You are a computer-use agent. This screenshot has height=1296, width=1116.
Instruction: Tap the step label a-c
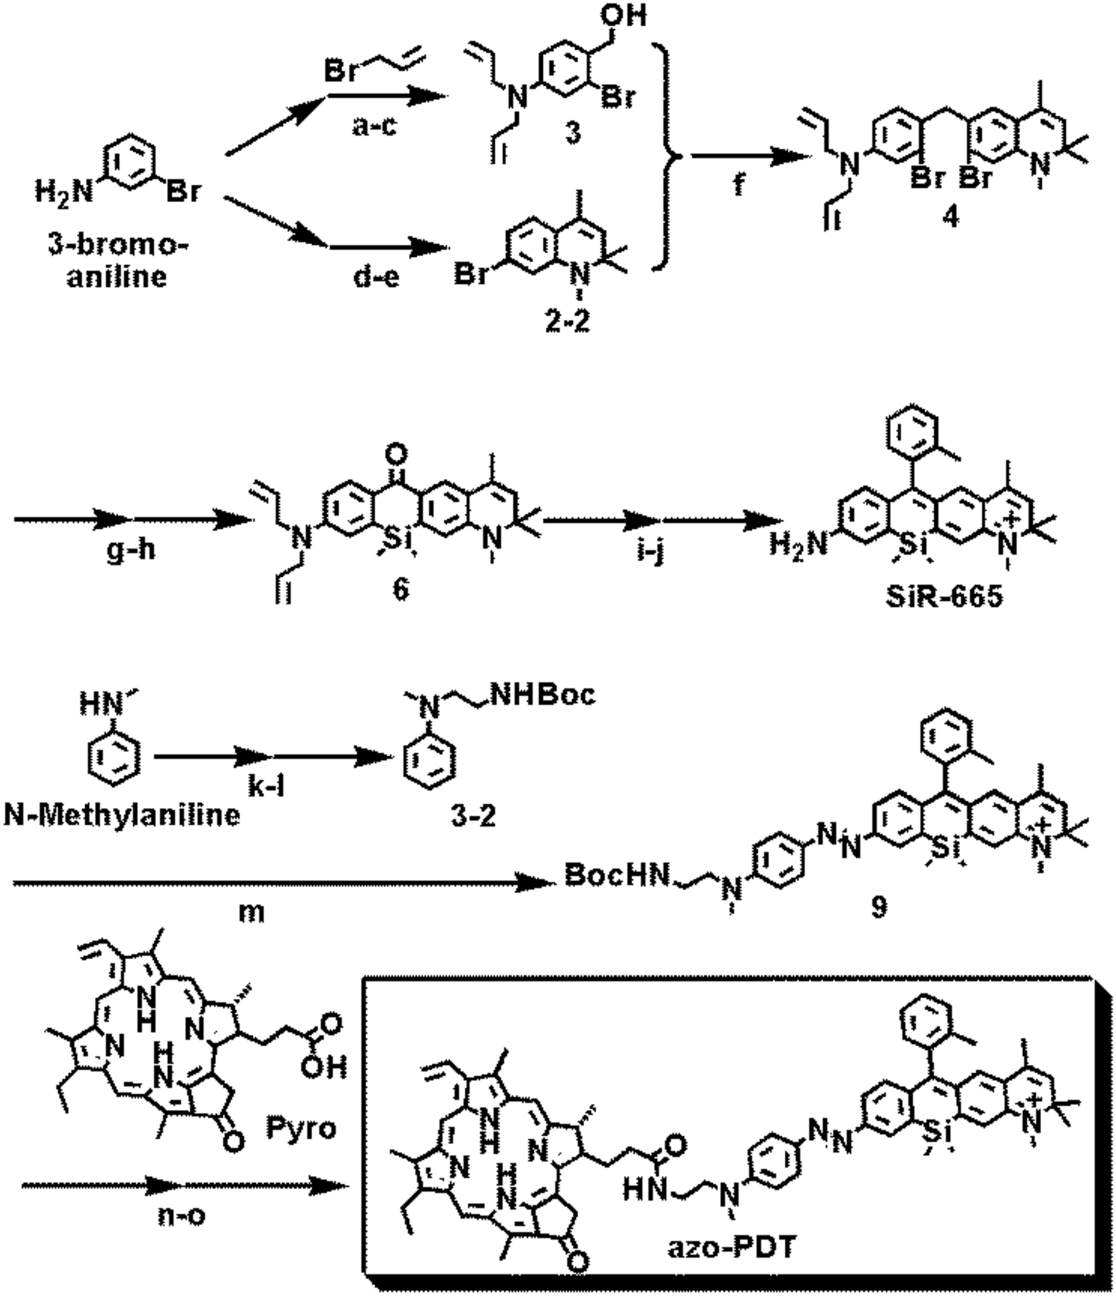(375, 125)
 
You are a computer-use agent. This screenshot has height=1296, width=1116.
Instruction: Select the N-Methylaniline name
(122, 814)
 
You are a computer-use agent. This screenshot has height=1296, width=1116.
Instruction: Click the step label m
(251, 913)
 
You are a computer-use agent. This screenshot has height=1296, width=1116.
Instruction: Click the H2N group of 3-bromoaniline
(62, 189)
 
